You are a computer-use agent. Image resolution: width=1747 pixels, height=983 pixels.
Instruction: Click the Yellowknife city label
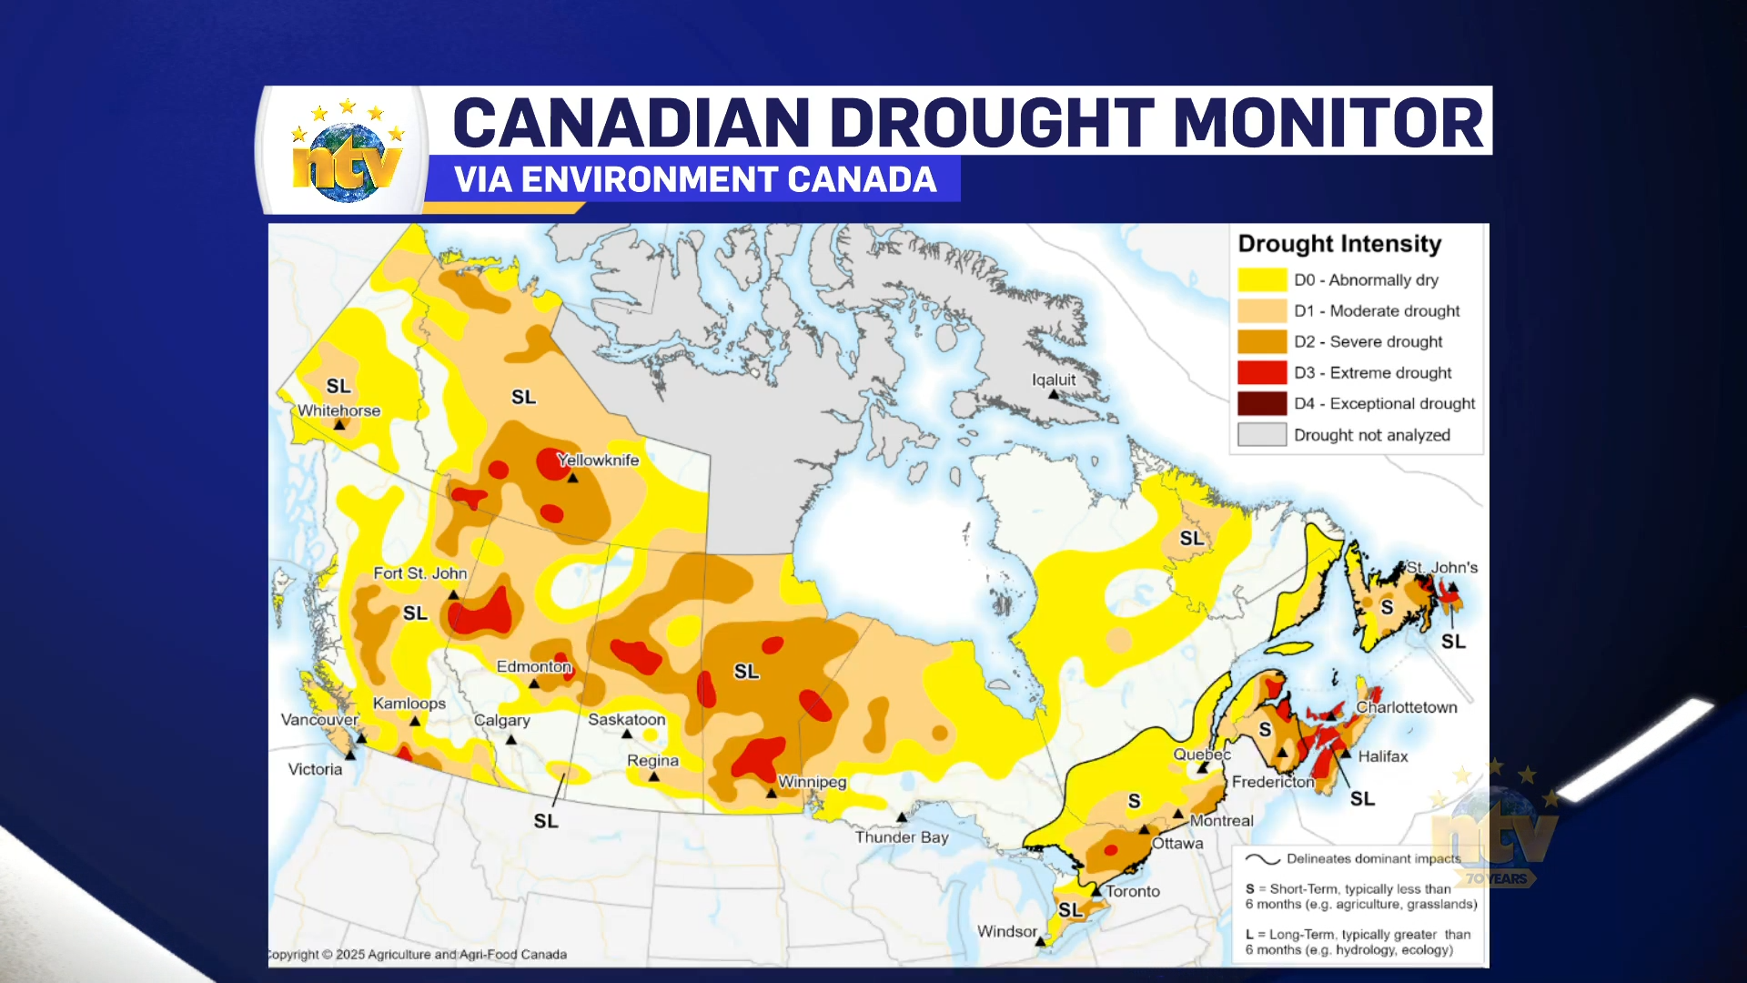point(598,461)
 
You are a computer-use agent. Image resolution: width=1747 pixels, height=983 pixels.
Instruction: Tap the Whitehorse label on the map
point(338,410)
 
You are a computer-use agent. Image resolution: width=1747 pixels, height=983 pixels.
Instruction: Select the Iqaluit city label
point(1054,380)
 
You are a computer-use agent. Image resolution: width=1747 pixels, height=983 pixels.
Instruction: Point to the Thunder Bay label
point(901,837)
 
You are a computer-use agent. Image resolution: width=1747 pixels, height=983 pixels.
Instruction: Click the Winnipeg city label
point(812,782)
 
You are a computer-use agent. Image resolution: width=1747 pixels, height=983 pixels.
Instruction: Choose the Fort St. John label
point(419,573)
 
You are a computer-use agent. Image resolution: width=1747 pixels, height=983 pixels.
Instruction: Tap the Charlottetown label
point(1406,707)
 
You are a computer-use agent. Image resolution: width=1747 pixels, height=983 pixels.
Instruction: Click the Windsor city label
point(1006,931)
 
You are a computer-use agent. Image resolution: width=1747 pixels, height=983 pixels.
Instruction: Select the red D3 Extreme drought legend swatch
point(1262,373)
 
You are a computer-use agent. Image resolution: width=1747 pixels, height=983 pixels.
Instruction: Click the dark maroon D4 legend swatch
point(1262,404)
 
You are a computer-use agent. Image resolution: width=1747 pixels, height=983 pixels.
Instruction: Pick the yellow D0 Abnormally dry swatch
point(1262,280)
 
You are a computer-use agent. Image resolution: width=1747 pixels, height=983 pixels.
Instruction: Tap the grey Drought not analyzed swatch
point(1262,435)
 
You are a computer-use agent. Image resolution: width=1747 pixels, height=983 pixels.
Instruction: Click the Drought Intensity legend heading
point(1339,244)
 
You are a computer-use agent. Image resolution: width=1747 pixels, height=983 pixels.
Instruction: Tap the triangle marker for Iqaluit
point(1053,395)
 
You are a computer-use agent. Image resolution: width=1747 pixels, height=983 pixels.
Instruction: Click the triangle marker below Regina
point(653,777)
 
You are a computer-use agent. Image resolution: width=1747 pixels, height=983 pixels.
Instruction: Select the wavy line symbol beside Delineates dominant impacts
point(1262,859)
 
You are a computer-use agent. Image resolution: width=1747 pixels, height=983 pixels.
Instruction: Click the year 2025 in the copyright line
point(349,955)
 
